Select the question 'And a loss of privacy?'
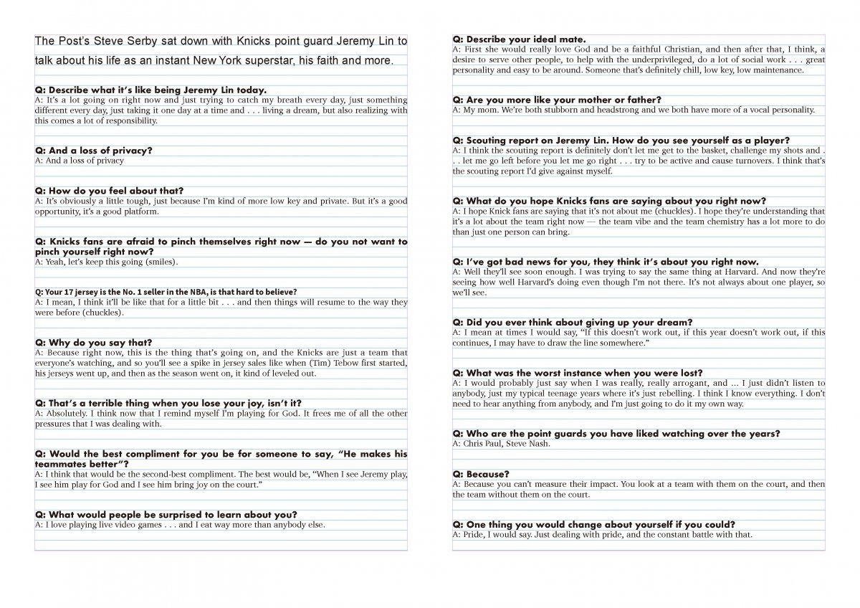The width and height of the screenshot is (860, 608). click(93, 151)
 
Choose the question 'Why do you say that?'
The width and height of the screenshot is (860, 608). click(93, 343)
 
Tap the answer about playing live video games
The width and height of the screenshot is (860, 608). click(180, 525)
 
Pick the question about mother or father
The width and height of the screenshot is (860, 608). click(557, 100)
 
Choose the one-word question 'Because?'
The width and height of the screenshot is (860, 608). click(481, 474)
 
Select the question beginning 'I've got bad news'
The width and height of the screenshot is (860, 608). click(595, 262)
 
